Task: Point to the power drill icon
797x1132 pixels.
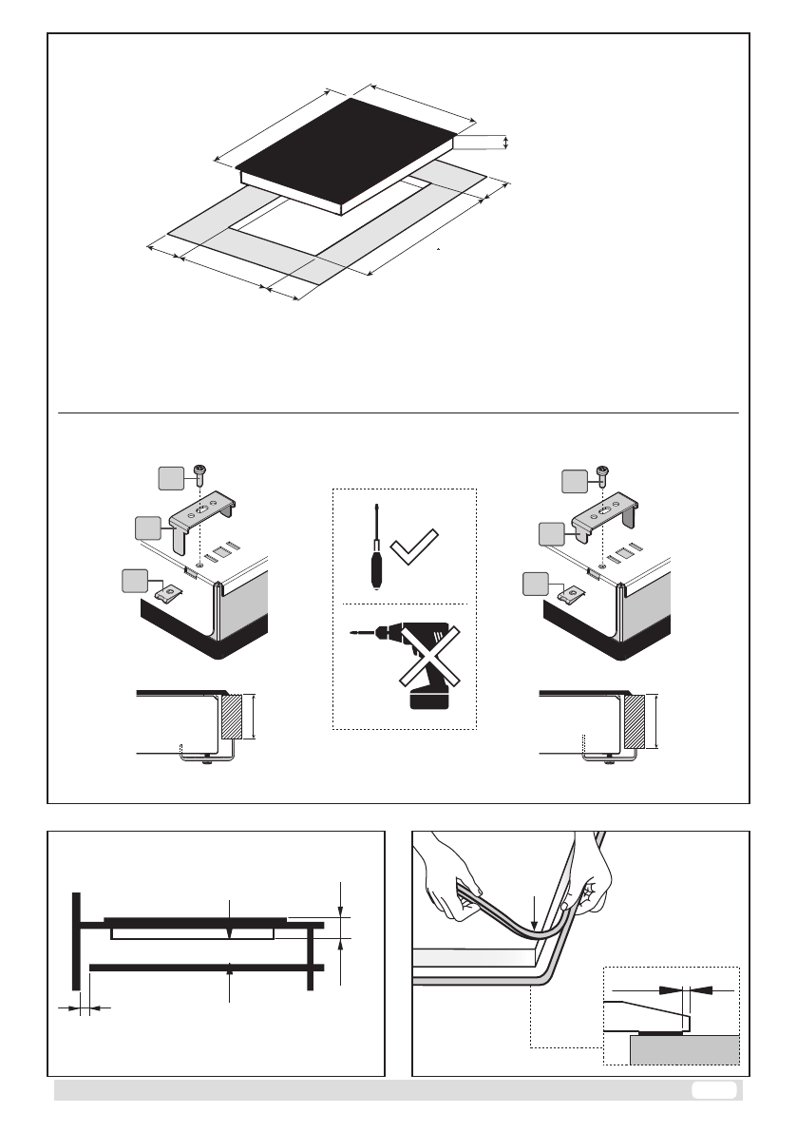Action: point(408,655)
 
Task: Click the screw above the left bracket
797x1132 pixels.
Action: point(199,472)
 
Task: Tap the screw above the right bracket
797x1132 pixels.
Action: point(600,472)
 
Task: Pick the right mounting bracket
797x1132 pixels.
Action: point(603,518)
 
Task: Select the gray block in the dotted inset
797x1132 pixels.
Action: point(684,1049)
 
